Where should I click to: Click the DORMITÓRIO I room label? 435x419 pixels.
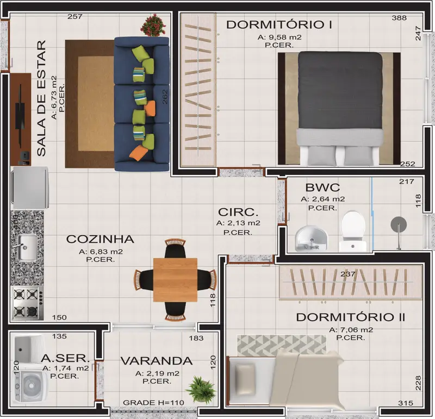[279, 24]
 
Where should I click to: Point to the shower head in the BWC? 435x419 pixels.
[399, 224]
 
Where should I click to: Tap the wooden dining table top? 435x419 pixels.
[175, 280]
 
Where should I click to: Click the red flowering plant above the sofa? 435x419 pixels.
[153, 26]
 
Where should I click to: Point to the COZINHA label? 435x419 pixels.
[100, 239]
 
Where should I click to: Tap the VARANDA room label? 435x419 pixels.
[157, 361]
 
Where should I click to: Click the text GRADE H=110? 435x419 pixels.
[153, 403]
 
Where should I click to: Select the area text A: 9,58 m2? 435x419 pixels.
[279, 37]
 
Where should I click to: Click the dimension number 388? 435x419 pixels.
[399, 18]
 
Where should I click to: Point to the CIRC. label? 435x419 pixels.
[238, 212]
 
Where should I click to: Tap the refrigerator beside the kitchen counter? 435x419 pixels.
[30, 187]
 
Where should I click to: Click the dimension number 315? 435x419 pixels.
[406, 403]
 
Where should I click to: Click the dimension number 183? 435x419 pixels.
[196, 339]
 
